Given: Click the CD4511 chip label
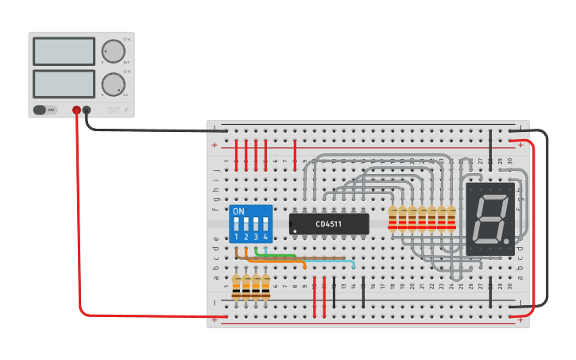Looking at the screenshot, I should (x=328, y=224).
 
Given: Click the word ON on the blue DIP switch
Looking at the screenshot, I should (x=238, y=212).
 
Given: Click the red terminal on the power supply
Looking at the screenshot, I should (x=77, y=110).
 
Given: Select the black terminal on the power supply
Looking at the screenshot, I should (x=87, y=110).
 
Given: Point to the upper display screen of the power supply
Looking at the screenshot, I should (x=64, y=52).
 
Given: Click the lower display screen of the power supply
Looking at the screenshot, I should (x=64, y=83).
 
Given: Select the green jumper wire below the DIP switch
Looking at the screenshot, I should (x=275, y=255).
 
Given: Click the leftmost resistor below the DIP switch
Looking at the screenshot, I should (x=237, y=287).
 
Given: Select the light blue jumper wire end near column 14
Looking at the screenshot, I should (x=354, y=265).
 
